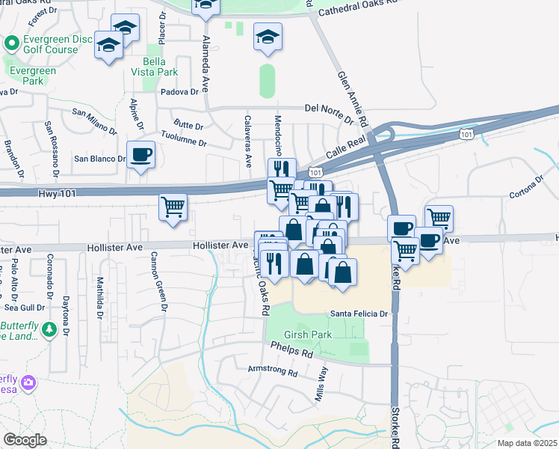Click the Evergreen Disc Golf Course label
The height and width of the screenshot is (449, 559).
(50, 43)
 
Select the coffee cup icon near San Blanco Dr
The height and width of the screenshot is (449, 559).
(140, 155)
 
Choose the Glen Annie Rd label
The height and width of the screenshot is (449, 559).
(353, 97)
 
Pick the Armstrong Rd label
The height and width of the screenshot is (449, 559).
(272, 370)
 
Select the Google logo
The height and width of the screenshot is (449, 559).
(25, 440)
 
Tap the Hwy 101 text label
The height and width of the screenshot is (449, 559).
(57, 193)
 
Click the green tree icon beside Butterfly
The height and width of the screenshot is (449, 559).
(49, 329)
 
